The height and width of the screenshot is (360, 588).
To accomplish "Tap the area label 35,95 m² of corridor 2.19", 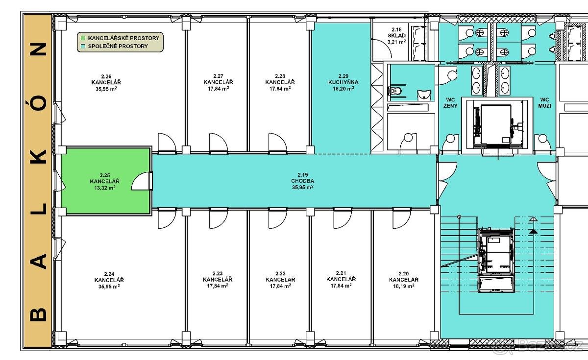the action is [x=303, y=187].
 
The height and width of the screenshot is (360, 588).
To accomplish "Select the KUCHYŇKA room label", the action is [x=343, y=82].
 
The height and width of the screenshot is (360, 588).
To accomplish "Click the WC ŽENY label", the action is [x=450, y=103].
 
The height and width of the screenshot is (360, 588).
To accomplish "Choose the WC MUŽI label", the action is [x=545, y=103].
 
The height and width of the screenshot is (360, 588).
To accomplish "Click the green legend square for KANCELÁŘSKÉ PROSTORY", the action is [x=83, y=38].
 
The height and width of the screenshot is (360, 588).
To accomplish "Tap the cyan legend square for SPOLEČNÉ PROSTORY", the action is [x=83, y=46].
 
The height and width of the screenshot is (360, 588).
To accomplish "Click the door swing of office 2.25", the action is [x=142, y=181].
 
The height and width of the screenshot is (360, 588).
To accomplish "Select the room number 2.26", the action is [x=106, y=76].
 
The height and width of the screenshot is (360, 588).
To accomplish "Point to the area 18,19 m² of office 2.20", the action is [x=404, y=286].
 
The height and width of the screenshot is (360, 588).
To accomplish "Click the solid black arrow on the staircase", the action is [x=533, y=231].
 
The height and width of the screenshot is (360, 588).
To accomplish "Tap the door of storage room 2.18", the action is [x=382, y=49].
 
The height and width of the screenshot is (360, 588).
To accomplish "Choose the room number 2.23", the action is [x=218, y=273].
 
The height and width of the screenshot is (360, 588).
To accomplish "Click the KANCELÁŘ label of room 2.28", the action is [x=280, y=82].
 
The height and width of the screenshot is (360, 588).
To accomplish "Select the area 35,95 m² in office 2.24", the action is [x=109, y=286].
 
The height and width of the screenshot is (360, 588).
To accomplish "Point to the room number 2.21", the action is [x=341, y=273].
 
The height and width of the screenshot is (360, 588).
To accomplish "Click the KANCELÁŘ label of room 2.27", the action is [x=219, y=82].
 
